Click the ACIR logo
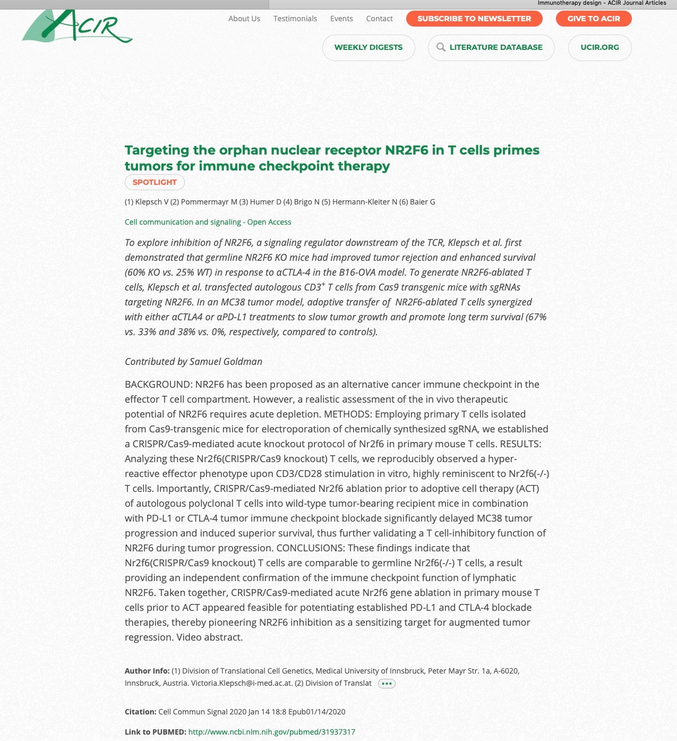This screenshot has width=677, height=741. click(77, 27)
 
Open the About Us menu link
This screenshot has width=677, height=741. click(244, 19)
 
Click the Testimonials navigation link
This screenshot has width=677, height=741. click(295, 19)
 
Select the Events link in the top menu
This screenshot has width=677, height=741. click(341, 19)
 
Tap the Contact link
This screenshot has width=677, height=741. click(380, 19)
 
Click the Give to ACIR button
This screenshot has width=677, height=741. click(594, 19)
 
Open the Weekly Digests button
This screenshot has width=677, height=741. click(369, 47)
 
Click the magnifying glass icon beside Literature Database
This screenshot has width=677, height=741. click(441, 47)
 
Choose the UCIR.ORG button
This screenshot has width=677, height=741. click(599, 47)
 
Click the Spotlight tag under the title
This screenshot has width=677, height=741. click(155, 182)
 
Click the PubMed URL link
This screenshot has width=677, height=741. click(272, 732)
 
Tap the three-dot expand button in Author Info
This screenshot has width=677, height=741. click(387, 684)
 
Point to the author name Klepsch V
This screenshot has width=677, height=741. click(152, 202)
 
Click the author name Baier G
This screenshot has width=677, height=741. click(423, 202)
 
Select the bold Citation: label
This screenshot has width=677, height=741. click(140, 712)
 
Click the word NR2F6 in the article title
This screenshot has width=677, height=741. click(406, 150)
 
